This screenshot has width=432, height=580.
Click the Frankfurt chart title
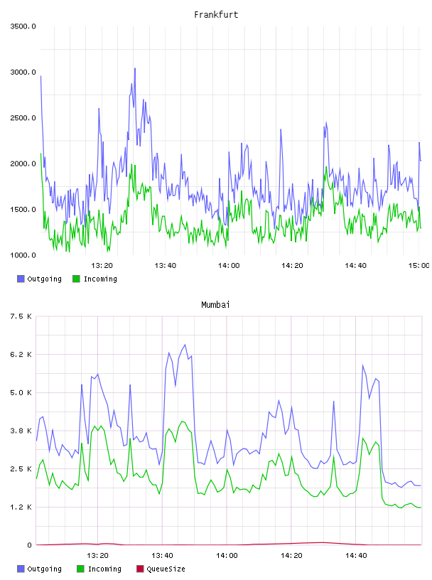(216, 14)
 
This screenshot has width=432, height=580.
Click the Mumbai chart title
(215, 304)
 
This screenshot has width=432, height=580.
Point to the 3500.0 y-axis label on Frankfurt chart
(23, 26)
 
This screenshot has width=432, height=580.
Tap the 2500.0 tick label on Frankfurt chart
(23, 118)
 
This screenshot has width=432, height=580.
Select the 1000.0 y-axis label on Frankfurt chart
(23, 255)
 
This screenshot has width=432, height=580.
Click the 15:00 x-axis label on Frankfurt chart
(419, 265)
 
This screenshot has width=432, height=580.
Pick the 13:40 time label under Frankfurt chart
(166, 265)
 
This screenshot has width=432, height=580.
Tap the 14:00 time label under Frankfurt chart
(229, 265)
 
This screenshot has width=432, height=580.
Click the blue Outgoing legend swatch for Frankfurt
(21, 279)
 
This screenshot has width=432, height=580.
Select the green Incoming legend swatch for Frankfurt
(76, 279)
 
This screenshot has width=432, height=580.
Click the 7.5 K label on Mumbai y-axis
(21, 316)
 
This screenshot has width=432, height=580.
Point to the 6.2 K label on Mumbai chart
(21, 355)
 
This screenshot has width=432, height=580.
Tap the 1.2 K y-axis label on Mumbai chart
(21, 507)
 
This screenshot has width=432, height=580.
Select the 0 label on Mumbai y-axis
(29, 545)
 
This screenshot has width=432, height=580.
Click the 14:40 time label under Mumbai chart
(356, 555)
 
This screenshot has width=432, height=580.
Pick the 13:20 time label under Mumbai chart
(97, 555)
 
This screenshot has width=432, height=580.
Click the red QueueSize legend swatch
(140, 569)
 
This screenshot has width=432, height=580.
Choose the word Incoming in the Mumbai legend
(104, 569)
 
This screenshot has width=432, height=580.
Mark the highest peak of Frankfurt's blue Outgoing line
(135, 68)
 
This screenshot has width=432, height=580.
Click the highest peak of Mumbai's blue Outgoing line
(185, 345)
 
